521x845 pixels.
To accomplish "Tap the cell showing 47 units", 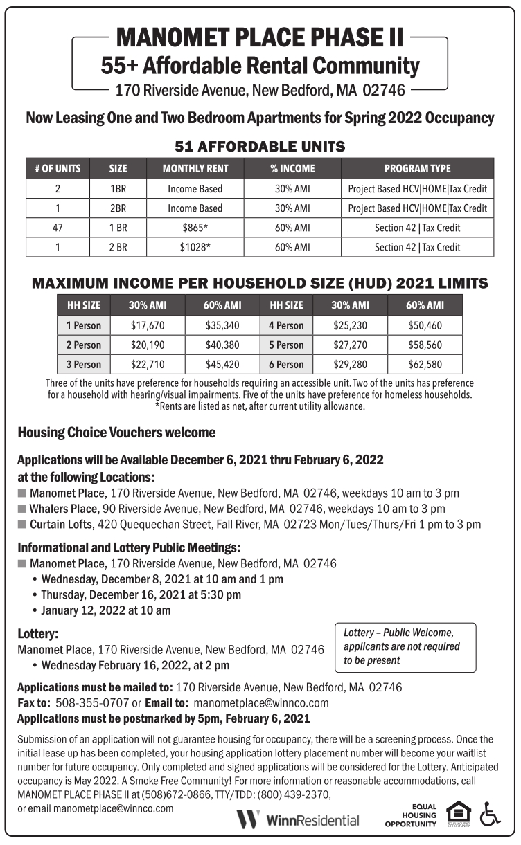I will [x=58, y=228].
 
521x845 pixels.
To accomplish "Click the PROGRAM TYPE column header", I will [x=417, y=168].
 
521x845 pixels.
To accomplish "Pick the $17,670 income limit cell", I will [x=148, y=325].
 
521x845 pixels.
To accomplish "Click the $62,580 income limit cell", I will [x=425, y=364].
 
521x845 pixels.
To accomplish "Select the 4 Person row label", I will [x=286, y=325].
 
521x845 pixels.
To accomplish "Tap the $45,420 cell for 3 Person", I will [x=222, y=364].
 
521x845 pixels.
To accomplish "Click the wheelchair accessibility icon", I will [x=490, y=815].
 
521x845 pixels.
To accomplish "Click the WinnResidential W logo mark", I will [x=248, y=820].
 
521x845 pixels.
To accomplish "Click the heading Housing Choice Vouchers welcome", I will [x=116, y=433].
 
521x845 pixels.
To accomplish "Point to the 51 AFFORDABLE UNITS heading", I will [x=260, y=147].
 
